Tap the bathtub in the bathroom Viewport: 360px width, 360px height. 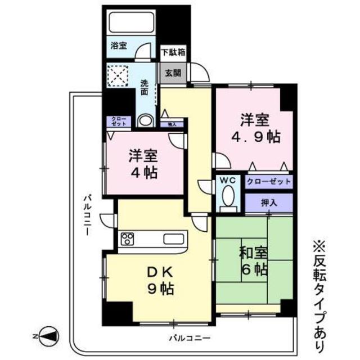click(132, 22)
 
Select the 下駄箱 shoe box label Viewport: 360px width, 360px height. click(174, 52)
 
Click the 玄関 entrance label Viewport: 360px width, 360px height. click(172, 72)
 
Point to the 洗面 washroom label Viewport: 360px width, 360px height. click(145, 87)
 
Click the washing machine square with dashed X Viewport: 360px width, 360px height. click(119, 75)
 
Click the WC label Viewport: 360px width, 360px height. click(227, 181)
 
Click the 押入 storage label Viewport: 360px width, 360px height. click(268, 202)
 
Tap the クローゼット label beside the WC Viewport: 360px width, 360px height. click(268, 182)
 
